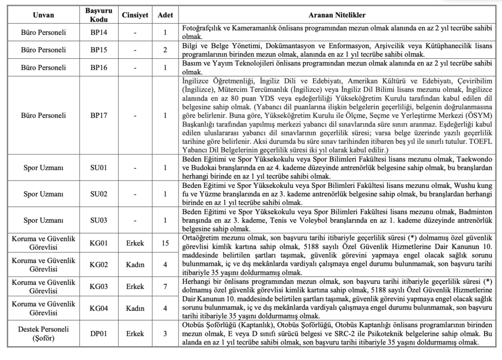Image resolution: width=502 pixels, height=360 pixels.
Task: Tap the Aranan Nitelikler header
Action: (340, 15)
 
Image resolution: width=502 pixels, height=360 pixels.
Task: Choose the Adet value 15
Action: (165, 243)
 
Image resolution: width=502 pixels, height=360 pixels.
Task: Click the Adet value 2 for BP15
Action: (165, 50)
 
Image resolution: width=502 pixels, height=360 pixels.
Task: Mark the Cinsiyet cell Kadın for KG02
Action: (135, 264)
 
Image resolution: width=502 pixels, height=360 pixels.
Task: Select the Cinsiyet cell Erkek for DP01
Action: (135, 334)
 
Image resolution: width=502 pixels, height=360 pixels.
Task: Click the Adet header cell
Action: (165, 15)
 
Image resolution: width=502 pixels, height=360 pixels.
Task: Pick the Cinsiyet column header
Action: (135, 15)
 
